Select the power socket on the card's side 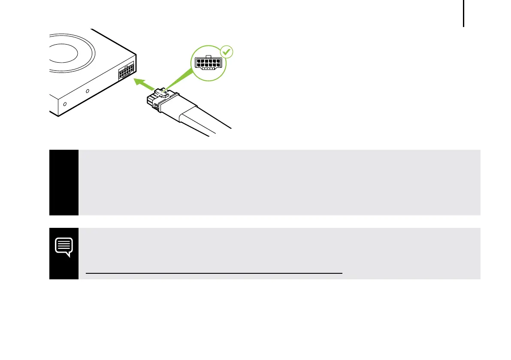tap(126, 71)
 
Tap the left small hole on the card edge tap(65, 104)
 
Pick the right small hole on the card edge tap(88, 91)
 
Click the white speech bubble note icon tap(64, 247)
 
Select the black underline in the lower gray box tap(214, 273)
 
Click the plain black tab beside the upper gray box tap(64, 182)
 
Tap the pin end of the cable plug tap(150, 101)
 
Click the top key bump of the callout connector tap(208, 56)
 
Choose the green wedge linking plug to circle tap(180, 79)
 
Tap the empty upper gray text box tap(279, 182)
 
